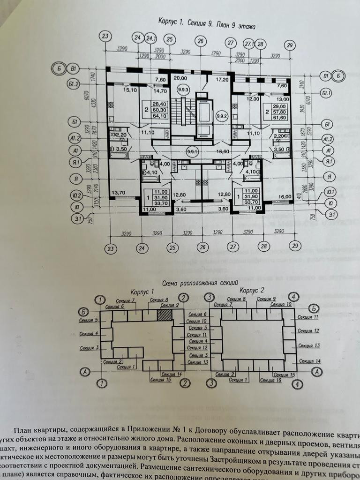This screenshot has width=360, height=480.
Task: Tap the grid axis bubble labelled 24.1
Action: point(151,38)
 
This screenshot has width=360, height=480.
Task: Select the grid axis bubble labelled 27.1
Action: point(249,43)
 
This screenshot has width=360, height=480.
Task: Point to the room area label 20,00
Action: point(180,78)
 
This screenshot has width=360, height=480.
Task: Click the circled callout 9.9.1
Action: point(192,151)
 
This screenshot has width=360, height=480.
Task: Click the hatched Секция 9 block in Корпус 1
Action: point(165,314)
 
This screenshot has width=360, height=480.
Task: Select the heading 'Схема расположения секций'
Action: point(200,283)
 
